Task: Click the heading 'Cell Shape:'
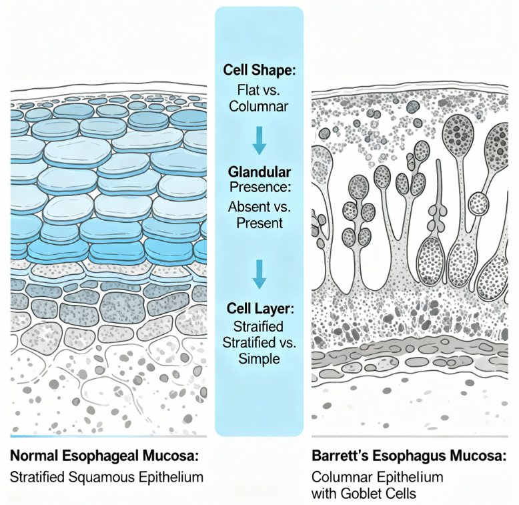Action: coord(259,69)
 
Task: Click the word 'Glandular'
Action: coord(259,170)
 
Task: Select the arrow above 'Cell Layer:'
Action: coord(259,273)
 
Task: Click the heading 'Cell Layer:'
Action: coord(259,309)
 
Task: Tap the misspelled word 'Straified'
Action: coord(259,326)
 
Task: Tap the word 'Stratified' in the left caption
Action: coord(37,478)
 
